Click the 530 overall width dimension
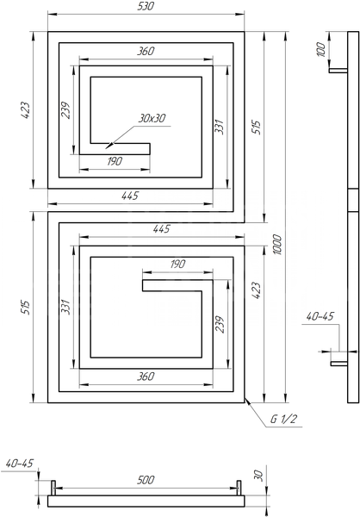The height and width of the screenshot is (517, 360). (x=146, y=6)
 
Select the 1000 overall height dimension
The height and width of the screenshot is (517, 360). (x=278, y=245)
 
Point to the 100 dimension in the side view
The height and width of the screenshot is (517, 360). (x=321, y=50)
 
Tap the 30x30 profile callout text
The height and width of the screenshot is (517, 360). (x=152, y=118)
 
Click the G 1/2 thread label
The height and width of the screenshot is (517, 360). (x=284, y=419)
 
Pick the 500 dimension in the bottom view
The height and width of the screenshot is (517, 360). (x=146, y=480)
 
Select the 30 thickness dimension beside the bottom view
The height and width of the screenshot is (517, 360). (x=259, y=476)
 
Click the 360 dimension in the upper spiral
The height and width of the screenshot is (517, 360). (x=146, y=51)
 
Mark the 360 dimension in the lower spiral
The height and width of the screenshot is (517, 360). (x=146, y=377)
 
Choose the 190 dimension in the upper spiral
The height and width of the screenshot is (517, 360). (x=115, y=161)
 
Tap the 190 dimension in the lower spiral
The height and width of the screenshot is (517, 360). (x=177, y=264)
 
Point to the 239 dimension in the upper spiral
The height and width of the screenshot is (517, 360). (x=66, y=110)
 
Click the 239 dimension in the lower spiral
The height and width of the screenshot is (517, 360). (x=220, y=325)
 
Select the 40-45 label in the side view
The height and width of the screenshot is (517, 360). (x=320, y=316)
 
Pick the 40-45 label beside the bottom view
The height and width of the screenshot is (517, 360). (x=20, y=464)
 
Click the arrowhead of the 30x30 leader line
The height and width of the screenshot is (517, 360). (x=108, y=146)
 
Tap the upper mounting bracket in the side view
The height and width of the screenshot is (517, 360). (x=338, y=71)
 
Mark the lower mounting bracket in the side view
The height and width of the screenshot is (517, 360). (x=339, y=364)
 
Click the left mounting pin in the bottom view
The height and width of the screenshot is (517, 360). (x=53, y=488)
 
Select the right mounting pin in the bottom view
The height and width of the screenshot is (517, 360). (x=239, y=488)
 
